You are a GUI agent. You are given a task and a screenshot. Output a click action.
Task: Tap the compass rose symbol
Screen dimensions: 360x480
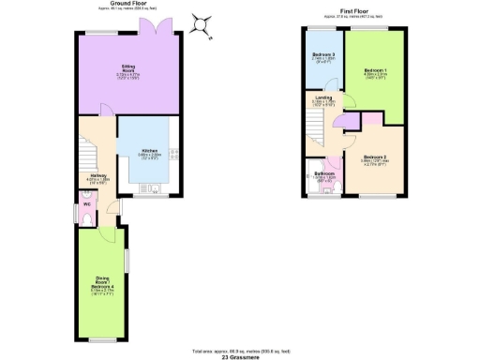[x=200, y=24]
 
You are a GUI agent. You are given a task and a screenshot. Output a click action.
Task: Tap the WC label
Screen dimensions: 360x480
[x=86, y=203]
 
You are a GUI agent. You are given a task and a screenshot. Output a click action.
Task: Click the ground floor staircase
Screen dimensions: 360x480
[x=86, y=151]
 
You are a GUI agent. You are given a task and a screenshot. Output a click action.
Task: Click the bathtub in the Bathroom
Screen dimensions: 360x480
[x=312, y=176]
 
